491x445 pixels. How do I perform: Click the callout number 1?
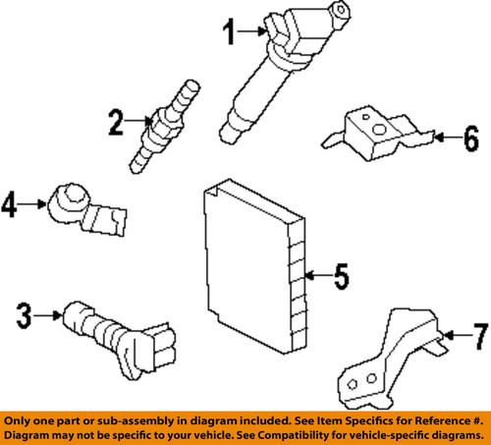(x=229, y=31)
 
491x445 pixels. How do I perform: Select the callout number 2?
(x=116, y=122)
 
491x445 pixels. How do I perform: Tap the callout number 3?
(x=25, y=315)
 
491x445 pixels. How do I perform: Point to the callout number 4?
(x=9, y=204)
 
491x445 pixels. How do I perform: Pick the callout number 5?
(x=342, y=276)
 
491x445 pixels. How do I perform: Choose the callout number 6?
(x=471, y=139)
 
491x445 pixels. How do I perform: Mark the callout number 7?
(x=481, y=336)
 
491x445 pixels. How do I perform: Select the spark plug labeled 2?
(x=164, y=126)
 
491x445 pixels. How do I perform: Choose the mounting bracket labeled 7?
(x=391, y=359)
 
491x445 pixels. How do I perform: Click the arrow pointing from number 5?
(x=318, y=275)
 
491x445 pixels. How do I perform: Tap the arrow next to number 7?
(x=458, y=335)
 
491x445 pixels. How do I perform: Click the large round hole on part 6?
(x=379, y=130)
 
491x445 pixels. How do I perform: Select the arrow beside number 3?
(x=48, y=315)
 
